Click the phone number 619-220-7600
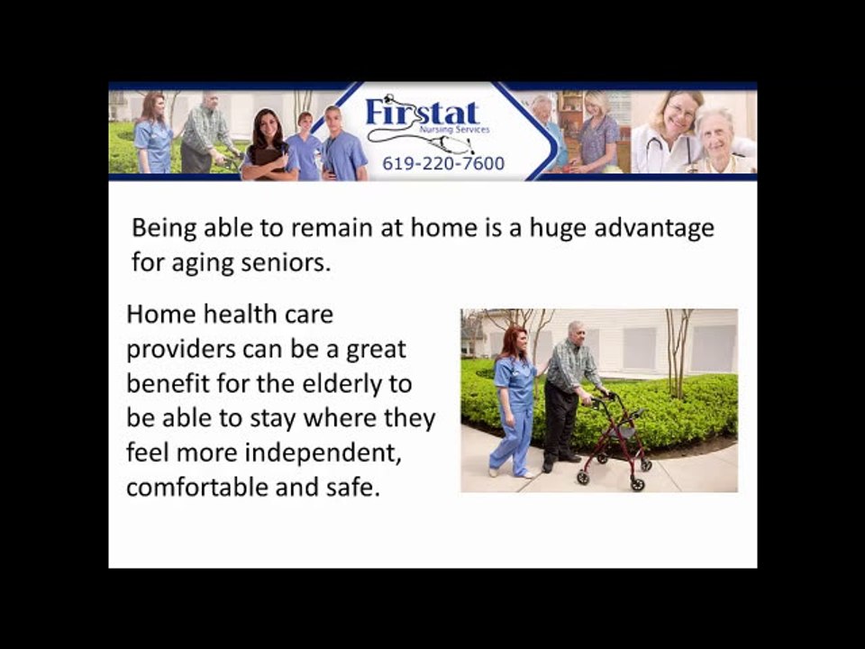coord(443,164)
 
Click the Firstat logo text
coord(422,114)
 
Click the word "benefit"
coord(167,383)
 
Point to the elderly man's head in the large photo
coord(576,331)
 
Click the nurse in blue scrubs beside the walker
coord(516,397)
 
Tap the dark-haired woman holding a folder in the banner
coord(269,144)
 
